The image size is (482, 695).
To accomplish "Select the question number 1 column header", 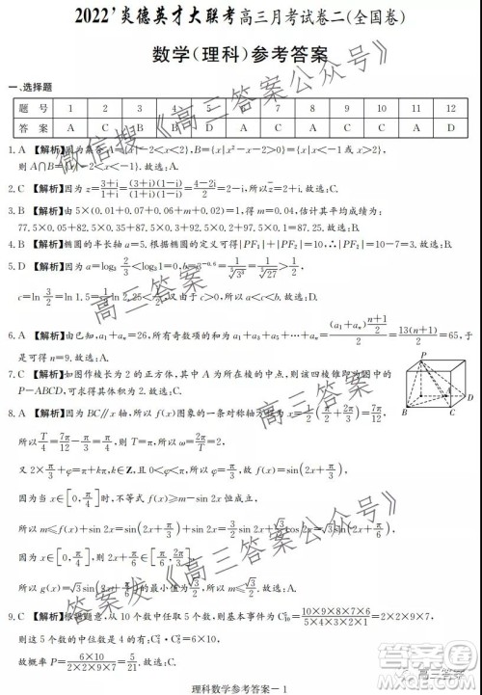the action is click(70, 106).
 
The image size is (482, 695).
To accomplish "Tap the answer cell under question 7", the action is click(278, 126).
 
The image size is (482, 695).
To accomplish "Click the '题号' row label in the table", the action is click(30, 106).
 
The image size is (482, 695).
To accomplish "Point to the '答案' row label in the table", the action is click(30, 126).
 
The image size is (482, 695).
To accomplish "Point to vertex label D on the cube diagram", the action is click(469, 395).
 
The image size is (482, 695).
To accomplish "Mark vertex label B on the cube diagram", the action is click(399, 413).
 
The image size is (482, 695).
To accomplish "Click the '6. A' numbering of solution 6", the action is click(14, 335).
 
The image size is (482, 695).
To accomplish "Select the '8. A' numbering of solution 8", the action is click(14, 411).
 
